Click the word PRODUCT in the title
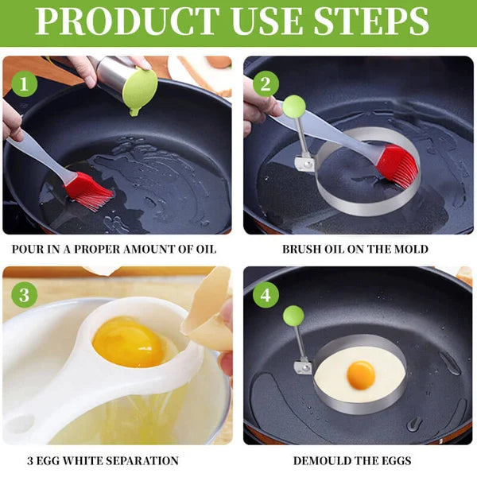tap(118, 23)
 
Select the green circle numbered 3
tap(25, 296)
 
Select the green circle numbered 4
tap(266, 296)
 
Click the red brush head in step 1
tap(89, 192)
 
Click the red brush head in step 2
tap(397, 165)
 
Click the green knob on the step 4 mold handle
tap(293, 316)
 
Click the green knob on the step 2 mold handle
tap(294, 105)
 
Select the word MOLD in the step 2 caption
tap(409, 250)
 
